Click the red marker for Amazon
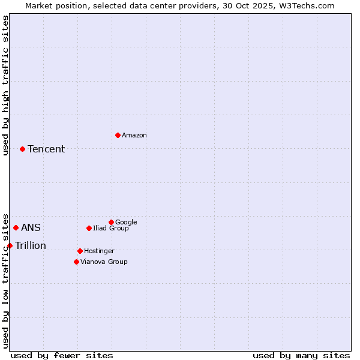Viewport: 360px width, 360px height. coord(118,135)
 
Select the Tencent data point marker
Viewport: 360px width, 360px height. coord(22,149)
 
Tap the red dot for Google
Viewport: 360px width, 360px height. coord(111,222)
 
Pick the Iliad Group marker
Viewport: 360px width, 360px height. coord(89,228)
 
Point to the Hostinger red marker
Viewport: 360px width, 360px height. coord(80,251)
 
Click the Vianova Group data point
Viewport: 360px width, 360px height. coord(76,262)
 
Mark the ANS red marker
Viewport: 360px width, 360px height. coord(16,227)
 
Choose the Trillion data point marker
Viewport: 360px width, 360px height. coord(10,245)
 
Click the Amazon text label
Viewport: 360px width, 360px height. coord(134,136)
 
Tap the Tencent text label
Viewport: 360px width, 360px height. coord(46,149)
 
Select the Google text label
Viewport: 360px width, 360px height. coord(126,222)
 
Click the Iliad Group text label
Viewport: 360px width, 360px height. coord(111,228)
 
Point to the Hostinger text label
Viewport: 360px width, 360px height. coord(99,251)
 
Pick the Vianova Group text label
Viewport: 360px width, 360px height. coord(104,262)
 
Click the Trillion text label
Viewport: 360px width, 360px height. coord(31,246)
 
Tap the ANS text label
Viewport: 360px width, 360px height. coord(31,228)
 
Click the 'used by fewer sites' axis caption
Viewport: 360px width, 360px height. coord(62,355)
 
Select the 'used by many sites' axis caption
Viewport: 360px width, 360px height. coord(301,355)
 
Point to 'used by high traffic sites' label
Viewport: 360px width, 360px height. coord(6,85)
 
